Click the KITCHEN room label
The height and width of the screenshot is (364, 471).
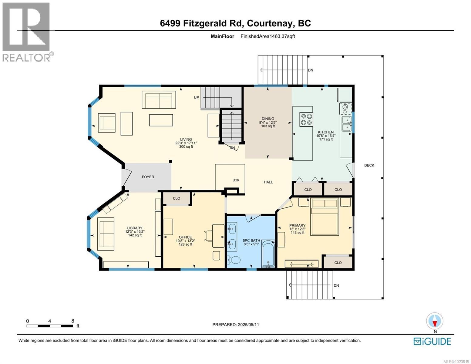326,132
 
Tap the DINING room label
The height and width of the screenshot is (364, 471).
268,119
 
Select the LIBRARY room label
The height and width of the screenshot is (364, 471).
135,228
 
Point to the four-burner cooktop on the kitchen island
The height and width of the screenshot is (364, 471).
306,119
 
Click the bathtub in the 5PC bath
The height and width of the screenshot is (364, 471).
268,254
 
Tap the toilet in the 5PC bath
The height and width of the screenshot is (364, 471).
234,260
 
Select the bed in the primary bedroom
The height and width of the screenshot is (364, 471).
325,216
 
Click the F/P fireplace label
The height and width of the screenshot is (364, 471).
236,181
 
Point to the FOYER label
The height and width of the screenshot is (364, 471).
148,177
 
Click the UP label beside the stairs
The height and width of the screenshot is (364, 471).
197,98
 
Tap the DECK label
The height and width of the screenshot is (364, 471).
369,165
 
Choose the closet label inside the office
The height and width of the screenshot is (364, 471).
177,198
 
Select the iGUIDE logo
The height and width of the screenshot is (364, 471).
432,341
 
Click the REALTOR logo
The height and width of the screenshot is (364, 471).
27,32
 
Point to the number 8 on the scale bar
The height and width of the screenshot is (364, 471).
73,321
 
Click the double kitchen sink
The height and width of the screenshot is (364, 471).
346,124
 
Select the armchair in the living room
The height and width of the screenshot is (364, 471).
106,123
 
